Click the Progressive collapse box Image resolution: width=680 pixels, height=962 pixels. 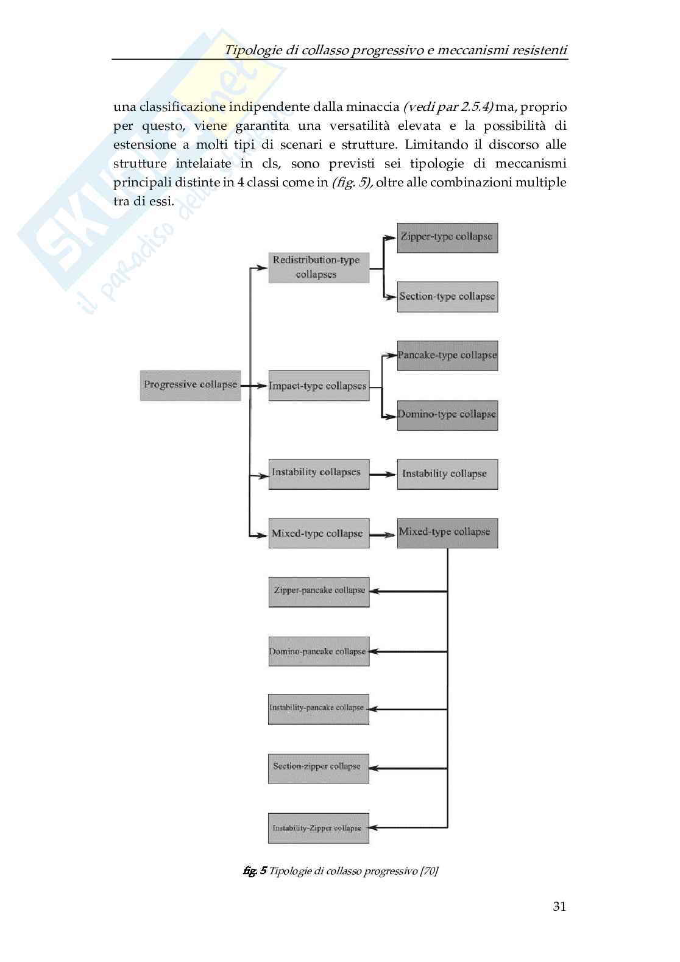click(190, 385)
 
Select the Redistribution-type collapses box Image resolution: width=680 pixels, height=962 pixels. click(319, 267)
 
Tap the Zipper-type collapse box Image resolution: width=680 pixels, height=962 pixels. click(447, 237)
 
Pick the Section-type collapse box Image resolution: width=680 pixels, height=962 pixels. click(447, 297)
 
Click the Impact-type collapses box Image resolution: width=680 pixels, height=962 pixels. click(319, 386)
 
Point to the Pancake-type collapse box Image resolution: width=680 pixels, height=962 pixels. click(447, 355)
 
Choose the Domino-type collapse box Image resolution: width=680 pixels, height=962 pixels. click(447, 415)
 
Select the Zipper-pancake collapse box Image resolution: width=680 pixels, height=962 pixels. click(319, 591)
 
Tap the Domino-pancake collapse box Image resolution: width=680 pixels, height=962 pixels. click(319, 652)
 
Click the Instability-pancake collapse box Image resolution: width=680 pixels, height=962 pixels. click(318, 709)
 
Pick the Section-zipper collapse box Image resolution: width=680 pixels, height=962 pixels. click(318, 768)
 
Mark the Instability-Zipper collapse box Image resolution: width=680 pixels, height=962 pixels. click(318, 828)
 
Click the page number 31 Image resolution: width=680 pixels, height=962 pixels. click(559, 907)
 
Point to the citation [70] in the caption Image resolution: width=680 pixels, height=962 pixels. click(429, 871)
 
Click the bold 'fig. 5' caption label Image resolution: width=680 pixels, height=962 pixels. click(254, 871)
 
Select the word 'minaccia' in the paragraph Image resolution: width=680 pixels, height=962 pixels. click(373, 107)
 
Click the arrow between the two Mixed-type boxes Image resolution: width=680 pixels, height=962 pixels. click(383, 535)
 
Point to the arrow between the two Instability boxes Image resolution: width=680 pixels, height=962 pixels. click(383, 475)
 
